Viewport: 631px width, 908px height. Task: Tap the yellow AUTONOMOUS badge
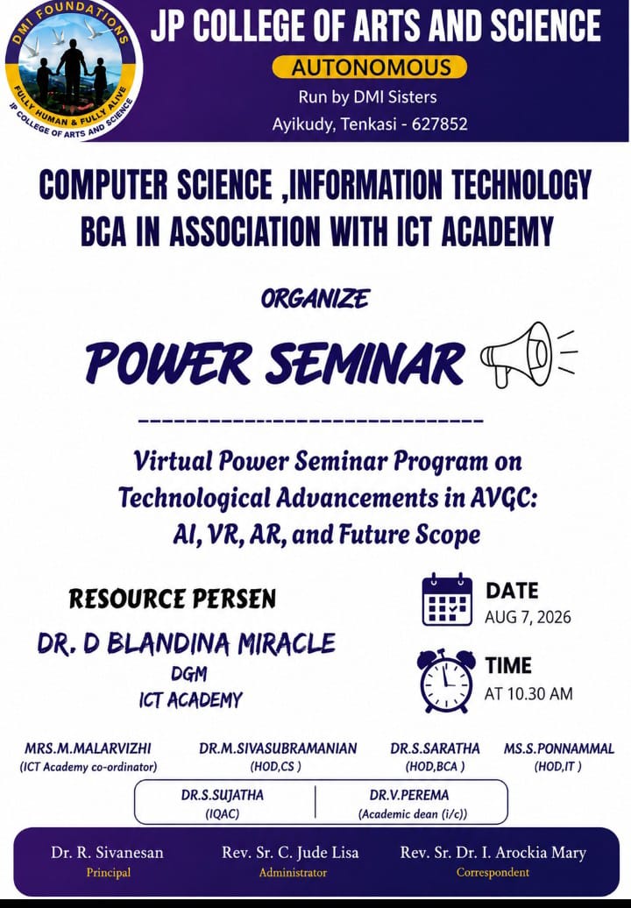(x=369, y=67)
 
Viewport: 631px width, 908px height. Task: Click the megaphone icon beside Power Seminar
(x=528, y=354)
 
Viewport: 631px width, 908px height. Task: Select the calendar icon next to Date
(x=447, y=599)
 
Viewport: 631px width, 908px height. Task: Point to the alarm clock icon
(x=446, y=681)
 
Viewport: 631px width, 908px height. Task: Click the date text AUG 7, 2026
(x=528, y=617)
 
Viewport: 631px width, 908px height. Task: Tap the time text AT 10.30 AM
(x=528, y=694)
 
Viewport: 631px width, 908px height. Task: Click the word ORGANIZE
(x=315, y=299)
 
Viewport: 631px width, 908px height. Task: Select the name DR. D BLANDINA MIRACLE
(x=187, y=643)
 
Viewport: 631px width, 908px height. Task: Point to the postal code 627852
(x=439, y=124)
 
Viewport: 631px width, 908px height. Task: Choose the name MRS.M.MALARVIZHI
(x=88, y=748)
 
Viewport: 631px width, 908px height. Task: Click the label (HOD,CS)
(x=275, y=767)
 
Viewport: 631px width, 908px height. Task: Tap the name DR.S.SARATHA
(x=435, y=748)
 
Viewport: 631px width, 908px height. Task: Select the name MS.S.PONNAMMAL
(x=558, y=748)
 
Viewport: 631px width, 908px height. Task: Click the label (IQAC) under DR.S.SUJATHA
(x=223, y=813)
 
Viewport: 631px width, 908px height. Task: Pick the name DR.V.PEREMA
(x=409, y=795)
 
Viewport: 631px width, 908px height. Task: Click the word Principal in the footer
(x=109, y=872)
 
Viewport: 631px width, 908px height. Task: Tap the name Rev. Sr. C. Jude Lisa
(x=290, y=853)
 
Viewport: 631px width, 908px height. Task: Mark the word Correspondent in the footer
(x=493, y=872)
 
